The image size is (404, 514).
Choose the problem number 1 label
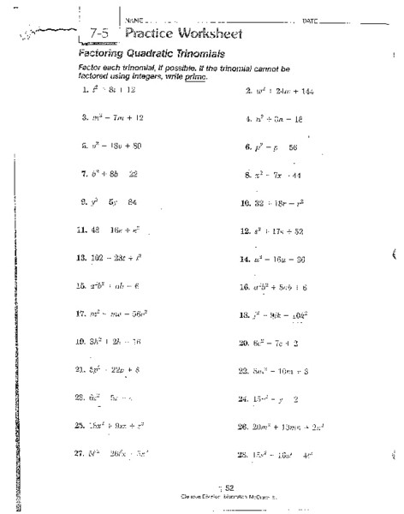tap(84, 89)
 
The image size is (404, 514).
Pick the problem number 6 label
tap(247, 146)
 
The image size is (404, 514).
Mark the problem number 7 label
tap(84, 174)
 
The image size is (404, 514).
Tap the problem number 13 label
tap(82, 257)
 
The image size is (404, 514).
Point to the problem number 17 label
tap(82, 314)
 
